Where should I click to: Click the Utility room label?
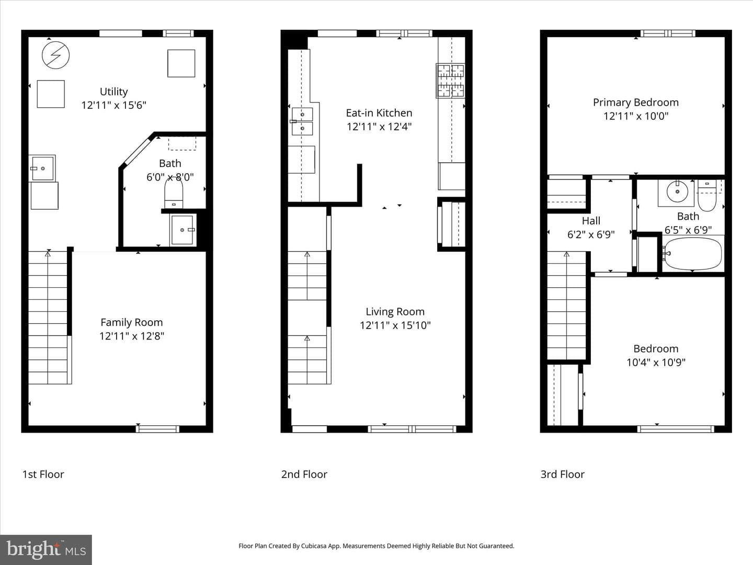click(x=113, y=92)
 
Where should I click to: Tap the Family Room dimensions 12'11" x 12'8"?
click(x=132, y=336)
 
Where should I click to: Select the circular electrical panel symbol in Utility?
click(x=55, y=55)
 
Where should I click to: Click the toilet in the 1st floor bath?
click(x=174, y=194)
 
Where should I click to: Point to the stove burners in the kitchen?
click(x=450, y=81)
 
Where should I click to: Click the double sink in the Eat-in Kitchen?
click(x=302, y=121)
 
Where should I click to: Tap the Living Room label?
click(x=395, y=311)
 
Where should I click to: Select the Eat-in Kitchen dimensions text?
click(x=379, y=127)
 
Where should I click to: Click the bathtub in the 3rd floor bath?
click(x=693, y=254)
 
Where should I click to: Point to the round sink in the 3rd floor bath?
click(x=677, y=192)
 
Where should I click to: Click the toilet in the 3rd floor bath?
click(x=707, y=196)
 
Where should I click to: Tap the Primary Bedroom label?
click(x=636, y=102)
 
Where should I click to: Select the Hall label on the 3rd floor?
click(x=591, y=221)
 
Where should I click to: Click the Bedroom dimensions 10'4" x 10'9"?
click(x=656, y=362)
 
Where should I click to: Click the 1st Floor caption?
click(x=43, y=474)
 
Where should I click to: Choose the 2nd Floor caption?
click(x=304, y=474)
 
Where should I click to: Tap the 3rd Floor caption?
click(x=563, y=474)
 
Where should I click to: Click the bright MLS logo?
click(x=46, y=549)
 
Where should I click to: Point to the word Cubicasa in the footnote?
click(x=314, y=546)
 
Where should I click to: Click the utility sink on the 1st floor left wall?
click(x=42, y=168)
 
